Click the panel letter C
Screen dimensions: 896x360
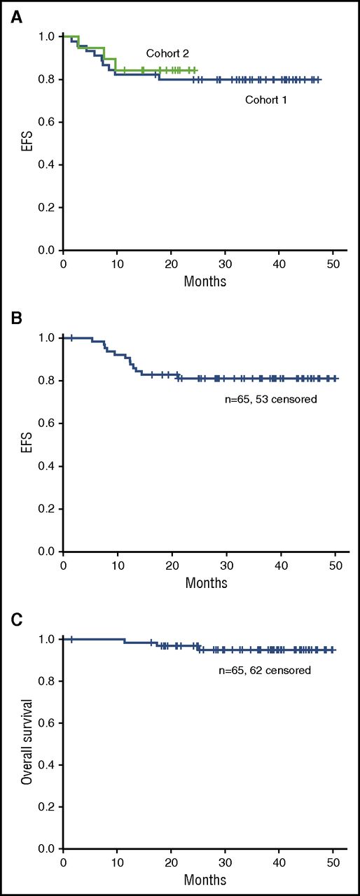click(x=15, y=619)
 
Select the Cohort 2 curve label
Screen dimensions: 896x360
click(x=168, y=53)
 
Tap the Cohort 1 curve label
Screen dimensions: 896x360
click(x=266, y=100)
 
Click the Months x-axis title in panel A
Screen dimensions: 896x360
click(x=204, y=282)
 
